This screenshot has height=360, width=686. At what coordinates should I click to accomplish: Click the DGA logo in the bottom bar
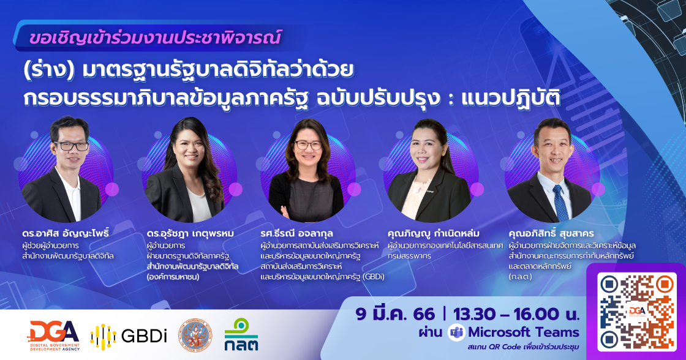click(x=55, y=336)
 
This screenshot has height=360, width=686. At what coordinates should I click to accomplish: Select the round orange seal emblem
click(x=195, y=336)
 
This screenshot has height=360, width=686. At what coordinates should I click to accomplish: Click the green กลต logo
click(x=241, y=334)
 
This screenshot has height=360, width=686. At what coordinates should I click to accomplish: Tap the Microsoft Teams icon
click(x=456, y=333)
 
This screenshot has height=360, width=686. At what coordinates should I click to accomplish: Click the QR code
click(x=636, y=312)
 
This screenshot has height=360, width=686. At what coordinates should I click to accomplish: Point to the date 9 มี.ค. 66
click(x=395, y=314)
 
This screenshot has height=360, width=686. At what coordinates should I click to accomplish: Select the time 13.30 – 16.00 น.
click(x=516, y=314)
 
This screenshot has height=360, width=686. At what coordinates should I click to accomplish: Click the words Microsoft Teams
click(x=524, y=332)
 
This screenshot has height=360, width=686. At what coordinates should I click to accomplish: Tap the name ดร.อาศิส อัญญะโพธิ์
click(x=65, y=233)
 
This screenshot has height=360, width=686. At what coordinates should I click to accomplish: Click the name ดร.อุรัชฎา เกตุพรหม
click(x=190, y=234)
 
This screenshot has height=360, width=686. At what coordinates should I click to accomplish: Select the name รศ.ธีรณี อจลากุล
click(x=296, y=234)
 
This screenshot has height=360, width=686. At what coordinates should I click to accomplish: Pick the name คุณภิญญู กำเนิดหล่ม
click(x=433, y=234)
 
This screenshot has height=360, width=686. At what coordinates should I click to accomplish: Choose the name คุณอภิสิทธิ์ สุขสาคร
click(x=551, y=234)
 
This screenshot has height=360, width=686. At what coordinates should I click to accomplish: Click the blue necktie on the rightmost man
click(x=560, y=203)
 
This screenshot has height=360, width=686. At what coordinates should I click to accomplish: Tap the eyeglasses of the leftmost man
click(x=71, y=146)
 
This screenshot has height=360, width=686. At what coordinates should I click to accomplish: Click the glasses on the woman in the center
click(x=308, y=145)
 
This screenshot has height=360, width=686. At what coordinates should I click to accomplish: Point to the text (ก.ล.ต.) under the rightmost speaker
click(x=520, y=277)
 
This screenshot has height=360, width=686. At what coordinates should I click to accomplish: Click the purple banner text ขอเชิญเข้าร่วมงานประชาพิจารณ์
click(x=154, y=37)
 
